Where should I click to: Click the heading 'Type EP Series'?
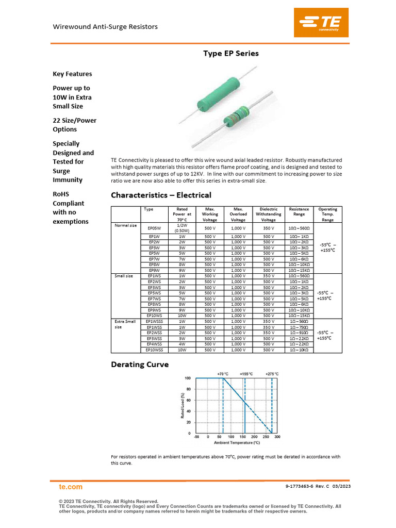coord(230,54)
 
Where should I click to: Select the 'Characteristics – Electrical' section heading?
coord(161,195)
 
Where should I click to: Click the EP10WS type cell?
coord(155,316)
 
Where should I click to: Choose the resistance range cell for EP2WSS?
coord(299,333)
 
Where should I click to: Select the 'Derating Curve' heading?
coord(140,365)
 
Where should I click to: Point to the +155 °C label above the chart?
coord(247,374)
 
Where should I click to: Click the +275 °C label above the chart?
coord(272,374)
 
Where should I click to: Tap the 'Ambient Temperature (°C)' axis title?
coord(237,442)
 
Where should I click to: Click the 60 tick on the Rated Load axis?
coord(188,400)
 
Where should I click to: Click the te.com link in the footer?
coord(71,487)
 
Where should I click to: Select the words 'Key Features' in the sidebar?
coord(72,74)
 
